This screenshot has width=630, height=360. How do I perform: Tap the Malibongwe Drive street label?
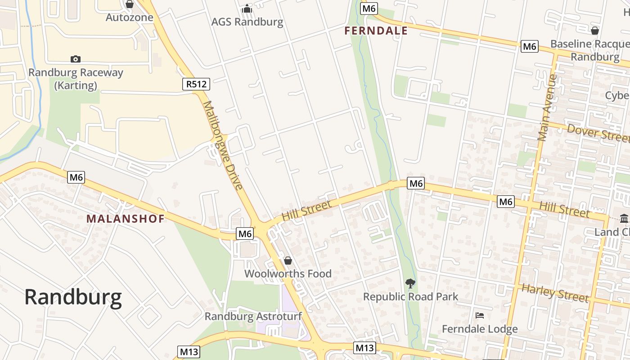pyautogui.click(x=223, y=145)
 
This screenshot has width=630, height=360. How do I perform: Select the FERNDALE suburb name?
pyautogui.click(x=376, y=31)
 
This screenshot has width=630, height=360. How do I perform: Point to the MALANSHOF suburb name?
pyautogui.click(x=125, y=219)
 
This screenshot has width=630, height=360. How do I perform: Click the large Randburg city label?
pyautogui.click(x=73, y=297)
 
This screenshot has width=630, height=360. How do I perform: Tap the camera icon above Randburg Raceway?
pyautogui.click(x=76, y=59)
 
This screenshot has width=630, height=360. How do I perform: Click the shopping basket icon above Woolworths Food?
pyautogui.click(x=288, y=261)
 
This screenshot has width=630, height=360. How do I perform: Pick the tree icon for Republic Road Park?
pyautogui.click(x=410, y=283)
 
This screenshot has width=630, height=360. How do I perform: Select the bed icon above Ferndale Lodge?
pyautogui.click(x=480, y=315)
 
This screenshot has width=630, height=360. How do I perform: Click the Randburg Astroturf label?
pyautogui.click(x=253, y=316)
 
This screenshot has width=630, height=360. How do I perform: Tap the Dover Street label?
pyautogui.click(x=598, y=133)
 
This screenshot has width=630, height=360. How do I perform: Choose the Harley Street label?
pyautogui.click(x=555, y=293)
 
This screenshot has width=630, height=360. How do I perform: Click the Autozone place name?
pyautogui.click(x=130, y=18)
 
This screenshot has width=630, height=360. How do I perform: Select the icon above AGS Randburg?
pyautogui.click(x=247, y=9)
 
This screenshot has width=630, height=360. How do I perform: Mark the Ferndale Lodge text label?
pyautogui.click(x=480, y=329)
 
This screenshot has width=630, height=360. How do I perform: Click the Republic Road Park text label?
pyautogui.click(x=410, y=297)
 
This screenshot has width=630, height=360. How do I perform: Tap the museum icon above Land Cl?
pyautogui.click(x=624, y=219)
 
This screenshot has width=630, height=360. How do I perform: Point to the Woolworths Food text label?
pyautogui.click(x=288, y=274)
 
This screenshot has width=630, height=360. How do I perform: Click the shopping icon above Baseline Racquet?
pyautogui.click(x=595, y=31)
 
